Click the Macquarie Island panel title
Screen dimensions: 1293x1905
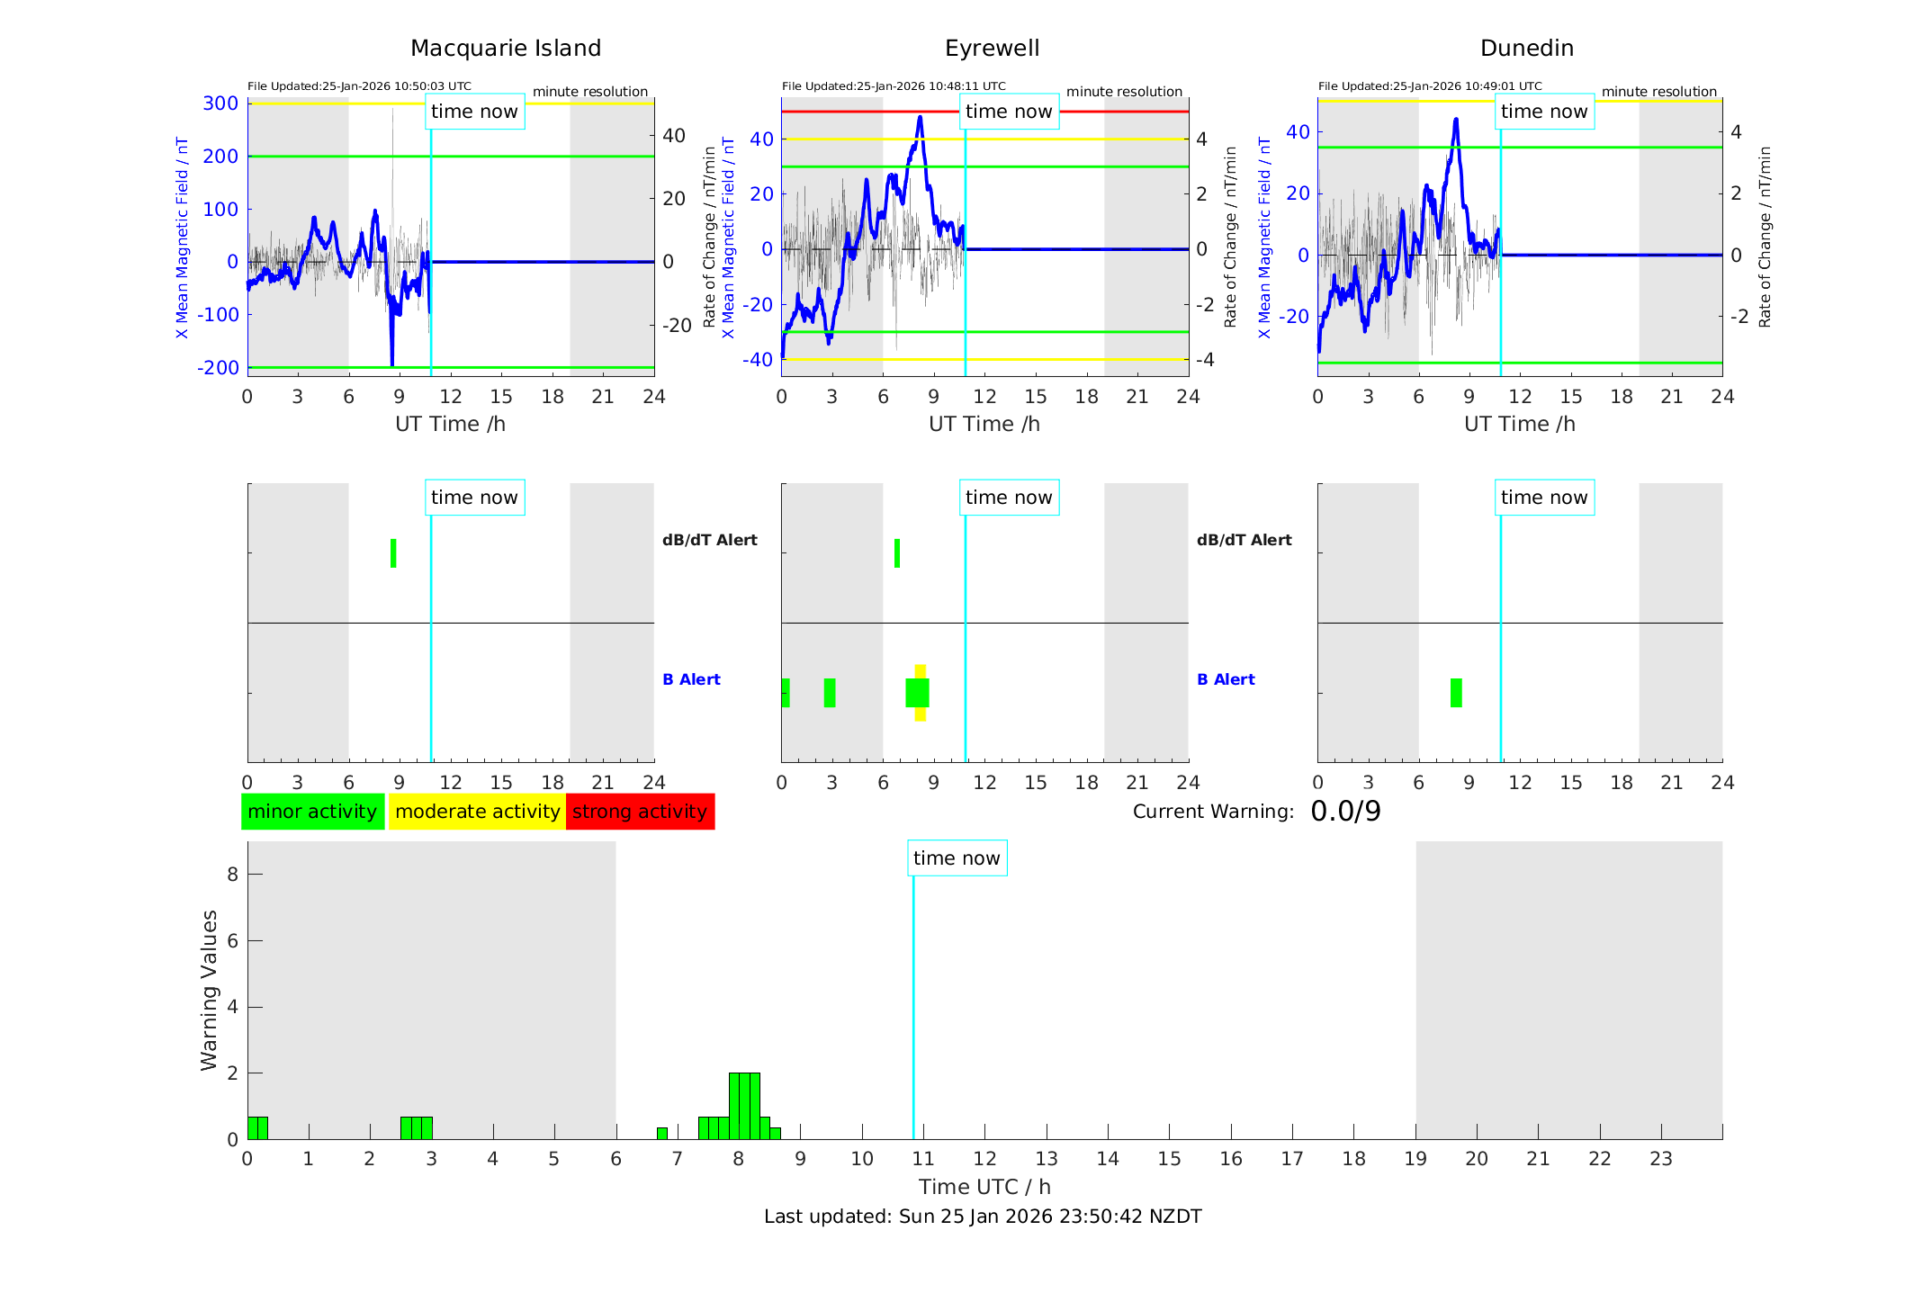[x=505, y=49]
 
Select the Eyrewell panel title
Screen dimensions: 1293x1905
[x=992, y=49]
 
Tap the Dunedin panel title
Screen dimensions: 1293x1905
[x=1526, y=49]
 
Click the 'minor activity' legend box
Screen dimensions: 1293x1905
[x=312, y=812]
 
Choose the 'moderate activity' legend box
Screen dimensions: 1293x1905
[x=477, y=812]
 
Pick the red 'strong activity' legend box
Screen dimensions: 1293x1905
[x=640, y=812]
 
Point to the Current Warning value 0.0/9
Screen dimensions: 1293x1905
[x=1345, y=812]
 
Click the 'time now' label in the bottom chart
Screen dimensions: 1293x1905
[x=957, y=858]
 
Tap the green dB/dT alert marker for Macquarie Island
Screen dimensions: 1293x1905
[x=393, y=553]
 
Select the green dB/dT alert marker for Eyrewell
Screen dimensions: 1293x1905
[x=897, y=553]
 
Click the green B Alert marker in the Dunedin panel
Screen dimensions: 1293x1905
[x=1456, y=693]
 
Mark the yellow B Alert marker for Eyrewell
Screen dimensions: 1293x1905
[x=920, y=670]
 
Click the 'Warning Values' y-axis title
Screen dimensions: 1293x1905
[x=210, y=990]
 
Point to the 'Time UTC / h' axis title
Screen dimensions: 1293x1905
[x=984, y=1187]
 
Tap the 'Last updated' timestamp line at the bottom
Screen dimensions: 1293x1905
[x=983, y=1217]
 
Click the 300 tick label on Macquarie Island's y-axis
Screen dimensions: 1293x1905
[x=220, y=103]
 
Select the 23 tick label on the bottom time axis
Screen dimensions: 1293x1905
[x=1660, y=1159]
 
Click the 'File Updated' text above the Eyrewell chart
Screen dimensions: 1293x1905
[x=894, y=86]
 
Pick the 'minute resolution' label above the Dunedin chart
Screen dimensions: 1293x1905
[x=1658, y=92]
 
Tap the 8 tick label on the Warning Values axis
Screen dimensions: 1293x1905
[x=232, y=875]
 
